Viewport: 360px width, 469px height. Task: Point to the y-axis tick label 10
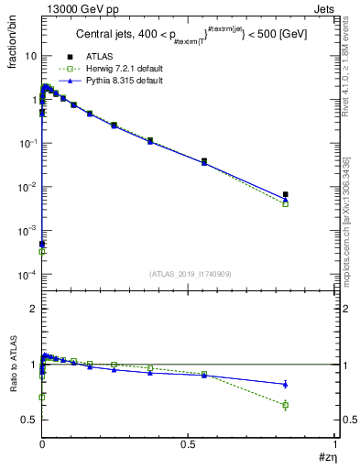[x=29, y=56]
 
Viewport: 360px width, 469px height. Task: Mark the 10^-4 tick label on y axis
[x=26, y=275]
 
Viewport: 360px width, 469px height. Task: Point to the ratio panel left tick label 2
[x=32, y=310]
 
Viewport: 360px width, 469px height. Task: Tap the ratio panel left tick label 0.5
[x=27, y=420]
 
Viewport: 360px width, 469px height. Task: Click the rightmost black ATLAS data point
[x=311, y=194]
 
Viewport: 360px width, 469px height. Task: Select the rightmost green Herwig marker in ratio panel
[x=311, y=405]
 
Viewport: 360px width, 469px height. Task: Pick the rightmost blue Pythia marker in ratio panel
[x=311, y=384]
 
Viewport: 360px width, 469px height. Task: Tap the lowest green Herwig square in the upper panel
[x=42, y=251]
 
